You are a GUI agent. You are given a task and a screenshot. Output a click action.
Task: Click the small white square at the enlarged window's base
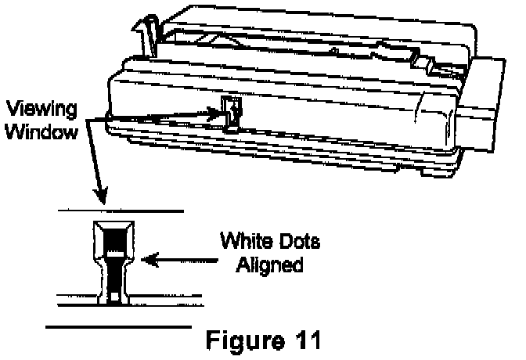click(x=115, y=297)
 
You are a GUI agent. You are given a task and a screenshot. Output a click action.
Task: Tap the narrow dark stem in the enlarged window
click(x=115, y=275)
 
